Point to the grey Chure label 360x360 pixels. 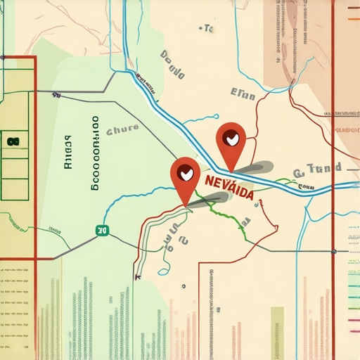click(x=122, y=130)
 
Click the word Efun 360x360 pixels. click(x=244, y=94)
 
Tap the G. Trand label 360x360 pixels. click(x=317, y=169)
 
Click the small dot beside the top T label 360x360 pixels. click(x=202, y=29)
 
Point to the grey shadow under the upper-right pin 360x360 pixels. click(x=252, y=168)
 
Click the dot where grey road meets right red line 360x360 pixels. click(x=334, y=251)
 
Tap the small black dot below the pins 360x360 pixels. click(x=183, y=286)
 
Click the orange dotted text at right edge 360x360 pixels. click(x=347, y=130)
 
